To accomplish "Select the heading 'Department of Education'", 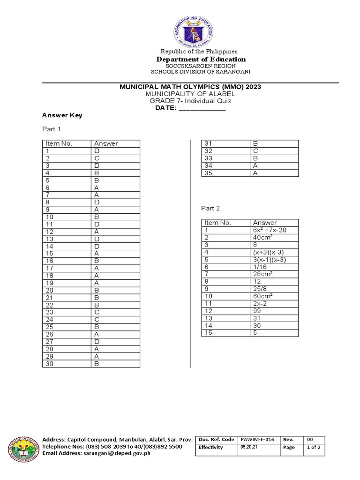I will (201, 60).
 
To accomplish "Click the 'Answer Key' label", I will (62, 115).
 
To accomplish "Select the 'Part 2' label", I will (210, 208).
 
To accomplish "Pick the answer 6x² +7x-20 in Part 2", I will (270, 230).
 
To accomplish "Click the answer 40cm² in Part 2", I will (263, 238).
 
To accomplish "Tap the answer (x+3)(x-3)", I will (268, 252).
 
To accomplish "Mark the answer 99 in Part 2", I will (257, 311).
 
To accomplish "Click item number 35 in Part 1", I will (209, 173).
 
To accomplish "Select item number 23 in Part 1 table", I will (50, 312).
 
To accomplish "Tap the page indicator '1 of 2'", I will (313, 447).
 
